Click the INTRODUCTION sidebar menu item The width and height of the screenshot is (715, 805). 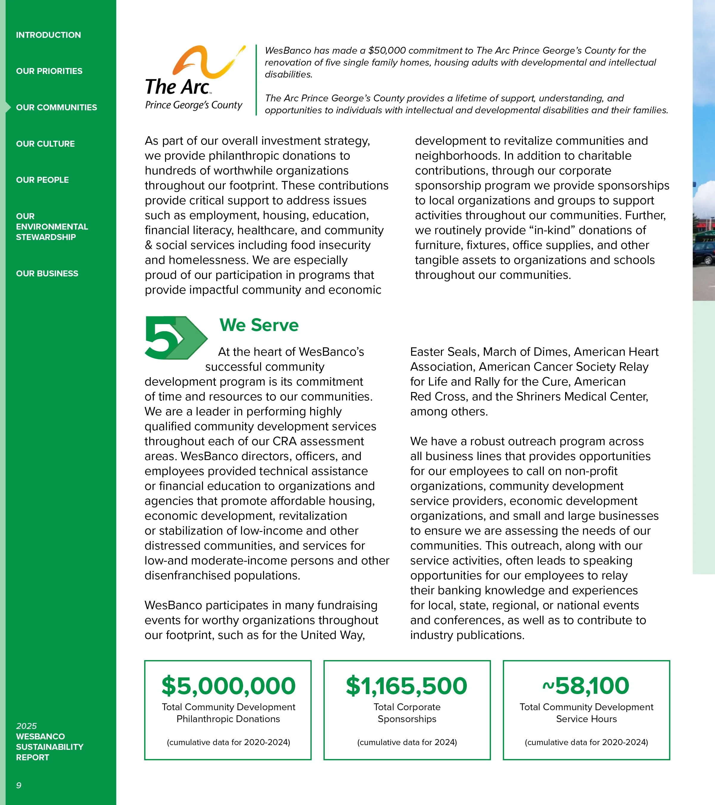[x=48, y=35]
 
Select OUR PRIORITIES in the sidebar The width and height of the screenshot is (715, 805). [x=49, y=71]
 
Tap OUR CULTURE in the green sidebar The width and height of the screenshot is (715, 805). [x=45, y=144]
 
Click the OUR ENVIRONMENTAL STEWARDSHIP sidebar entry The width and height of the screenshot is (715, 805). [x=52, y=227]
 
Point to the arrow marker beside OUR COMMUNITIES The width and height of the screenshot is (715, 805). [x=8, y=107]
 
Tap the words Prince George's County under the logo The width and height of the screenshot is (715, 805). [x=194, y=105]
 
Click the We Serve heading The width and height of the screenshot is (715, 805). [x=259, y=325]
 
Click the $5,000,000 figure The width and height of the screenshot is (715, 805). [x=228, y=686]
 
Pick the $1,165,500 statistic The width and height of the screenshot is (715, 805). [x=406, y=686]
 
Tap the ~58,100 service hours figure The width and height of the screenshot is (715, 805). [x=586, y=686]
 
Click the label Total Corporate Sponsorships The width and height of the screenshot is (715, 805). [x=407, y=713]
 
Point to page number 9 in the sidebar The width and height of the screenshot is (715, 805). [x=18, y=785]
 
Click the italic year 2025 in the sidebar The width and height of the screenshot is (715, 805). [x=26, y=726]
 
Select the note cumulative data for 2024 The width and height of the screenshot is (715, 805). [x=407, y=742]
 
